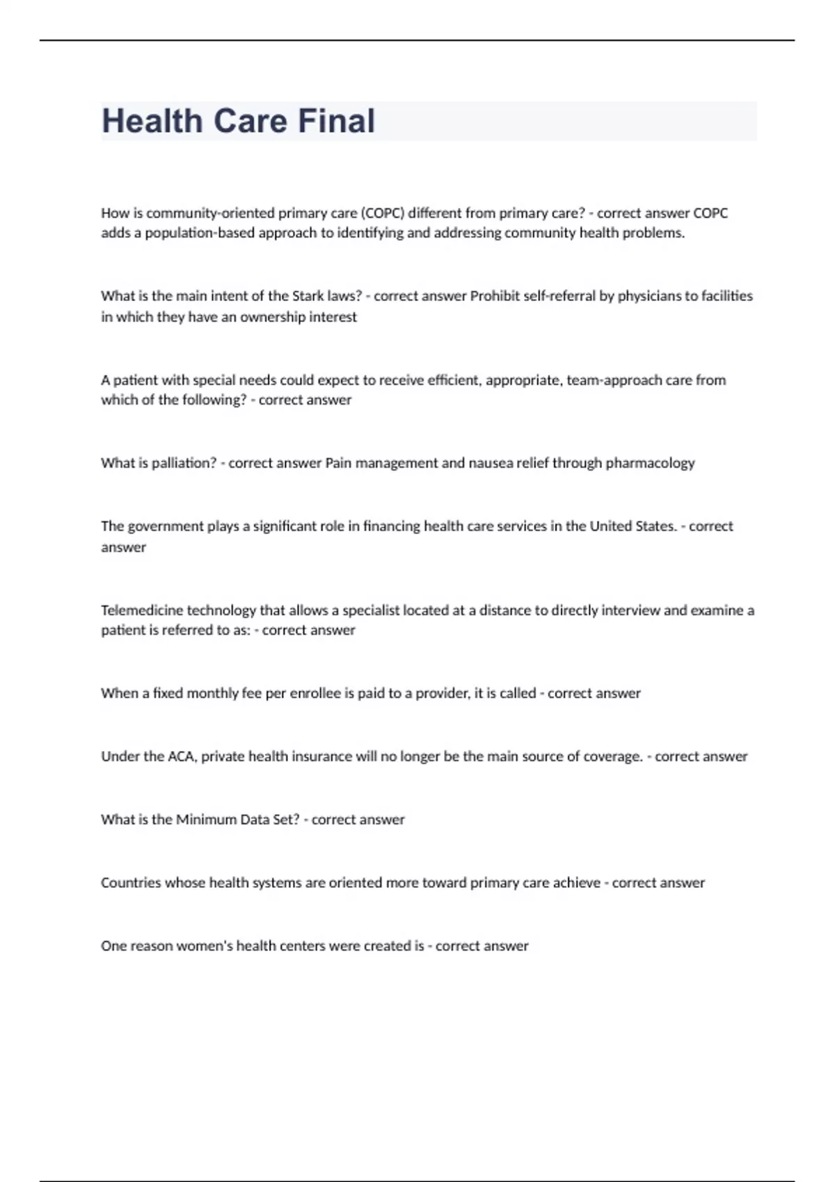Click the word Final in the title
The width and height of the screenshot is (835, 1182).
click(337, 121)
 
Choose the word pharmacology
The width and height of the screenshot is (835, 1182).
click(650, 463)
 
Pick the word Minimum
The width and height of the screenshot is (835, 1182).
click(206, 820)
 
